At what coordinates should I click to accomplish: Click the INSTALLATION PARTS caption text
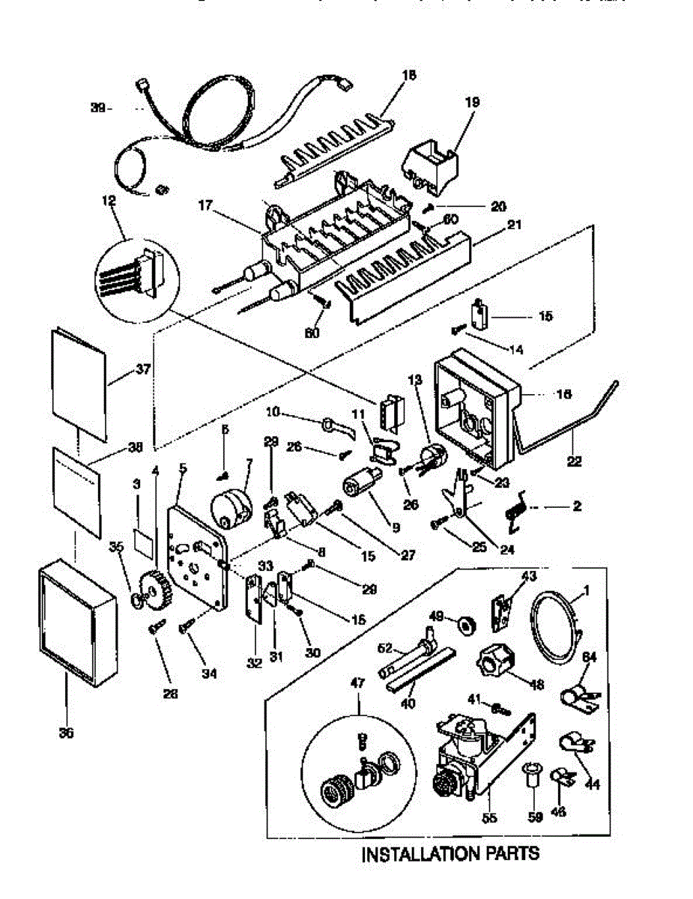pos(450,853)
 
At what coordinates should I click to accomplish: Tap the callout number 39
pos(98,108)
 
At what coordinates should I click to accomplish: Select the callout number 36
pos(66,733)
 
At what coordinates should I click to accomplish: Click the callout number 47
pos(358,682)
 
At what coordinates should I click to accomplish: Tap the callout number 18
pos(408,75)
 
